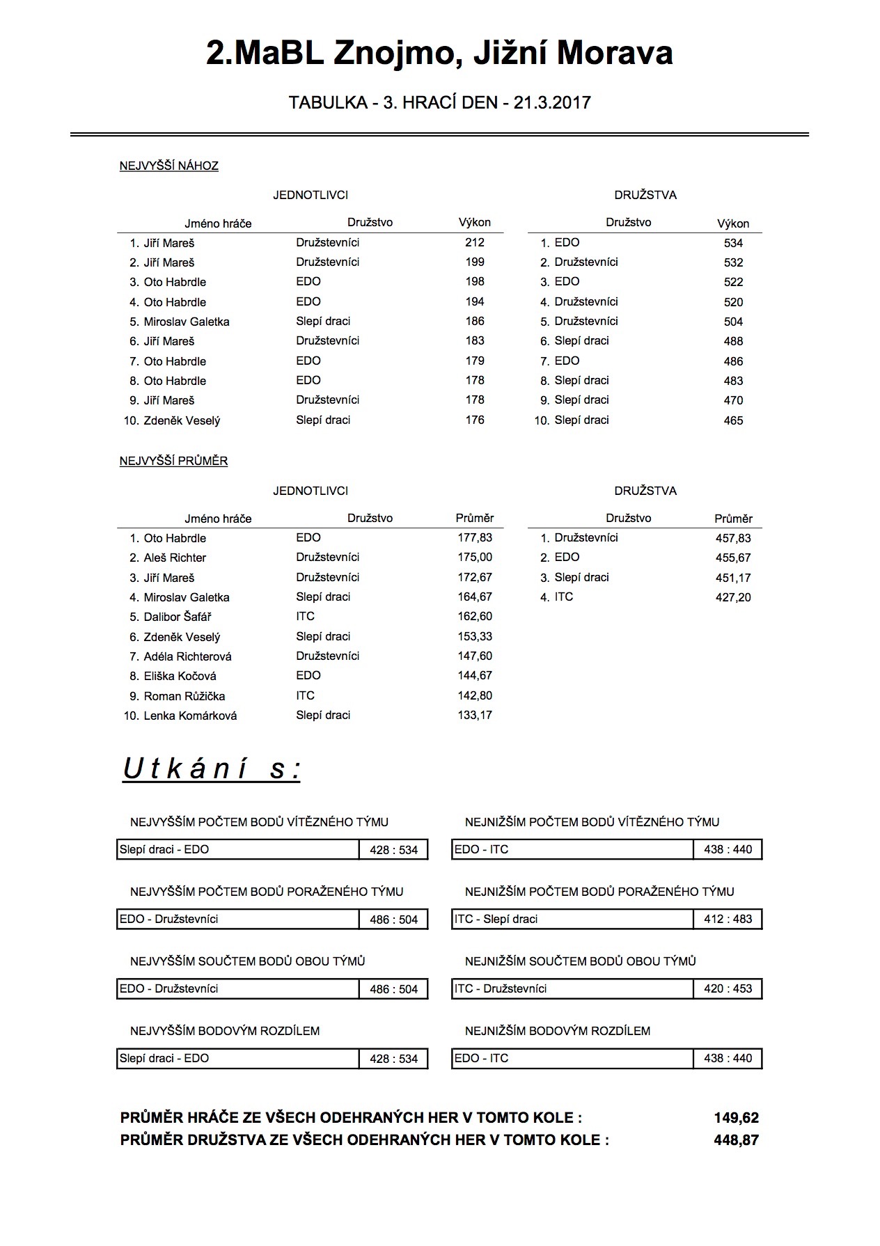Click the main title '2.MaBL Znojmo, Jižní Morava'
[439, 54]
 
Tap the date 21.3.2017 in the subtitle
[552, 103]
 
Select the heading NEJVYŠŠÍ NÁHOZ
[169, 166]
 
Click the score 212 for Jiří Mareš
[475, 242]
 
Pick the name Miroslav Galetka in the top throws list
[187, 322]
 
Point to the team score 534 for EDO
[733, 243]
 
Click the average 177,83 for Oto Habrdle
[475, 538]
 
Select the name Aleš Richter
[175, 558]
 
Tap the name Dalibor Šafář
[178, 617]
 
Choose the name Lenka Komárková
[190, 716]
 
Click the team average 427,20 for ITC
[733, 597]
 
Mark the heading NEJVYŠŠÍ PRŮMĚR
[174, 461]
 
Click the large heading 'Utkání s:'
[212, 769]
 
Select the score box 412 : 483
[728, 919]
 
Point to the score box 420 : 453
[728, 988]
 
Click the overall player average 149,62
[736, 1118]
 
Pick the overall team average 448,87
[736, 1140]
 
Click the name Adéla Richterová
[188, 656]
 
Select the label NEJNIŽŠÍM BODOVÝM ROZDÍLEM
[558, 1030]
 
